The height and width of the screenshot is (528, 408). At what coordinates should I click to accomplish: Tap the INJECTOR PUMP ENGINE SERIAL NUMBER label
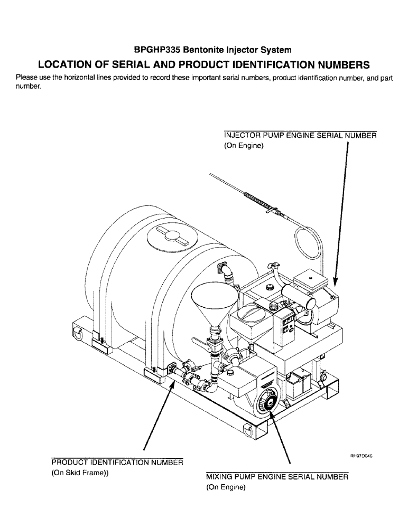[300, 135]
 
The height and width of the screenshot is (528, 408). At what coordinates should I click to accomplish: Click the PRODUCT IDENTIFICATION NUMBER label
[117, 463]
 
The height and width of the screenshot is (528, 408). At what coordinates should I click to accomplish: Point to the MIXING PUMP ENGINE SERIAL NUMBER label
[277, 477]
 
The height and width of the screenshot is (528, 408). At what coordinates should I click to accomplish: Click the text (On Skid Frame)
[79, 473]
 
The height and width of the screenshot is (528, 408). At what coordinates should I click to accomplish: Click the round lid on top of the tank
[170, 238]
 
